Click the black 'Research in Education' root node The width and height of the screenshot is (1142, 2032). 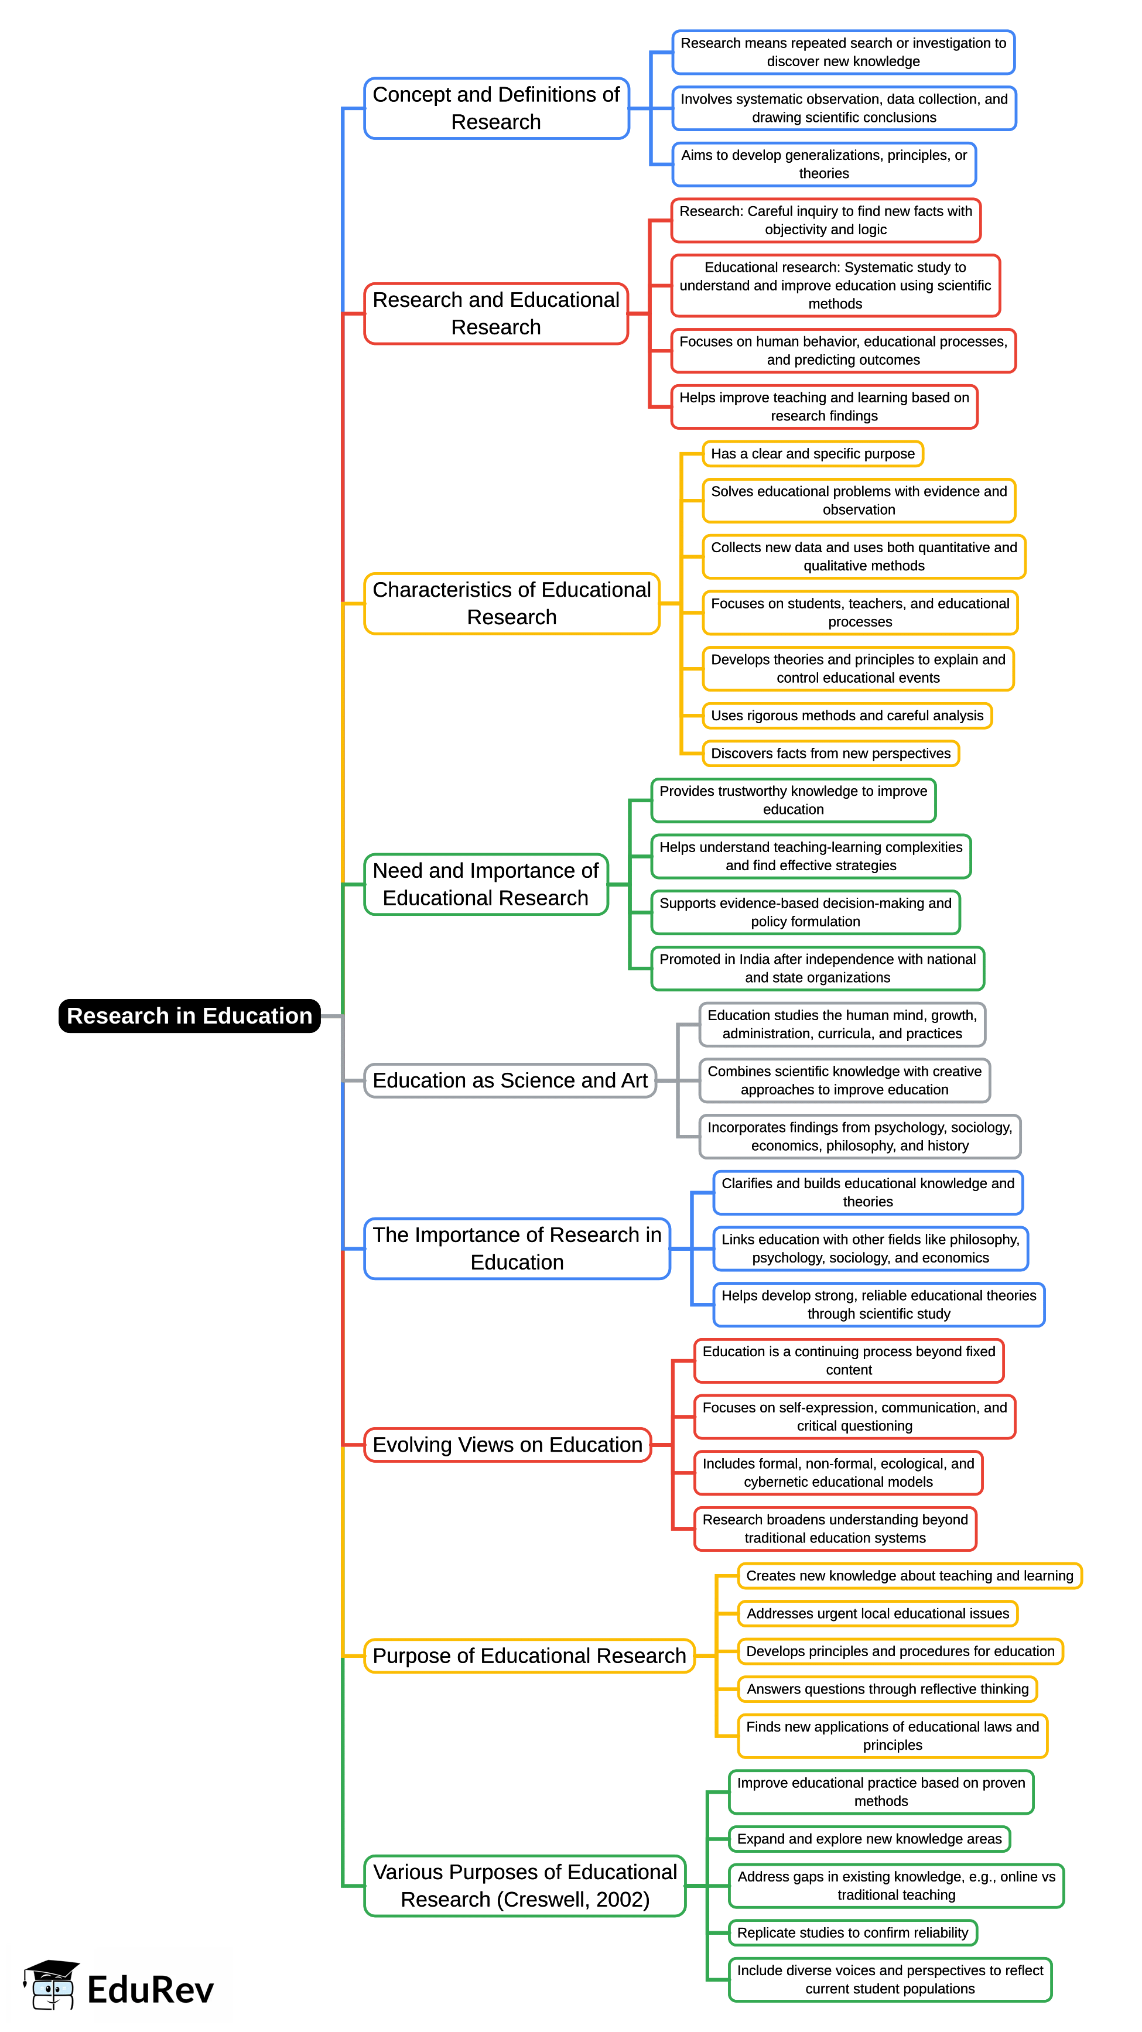(189, 1015)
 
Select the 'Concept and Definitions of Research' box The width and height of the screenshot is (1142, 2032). (496, 108)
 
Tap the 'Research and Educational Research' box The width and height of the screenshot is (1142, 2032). (496, 313)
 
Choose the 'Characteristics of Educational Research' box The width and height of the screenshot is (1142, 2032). (511, 603)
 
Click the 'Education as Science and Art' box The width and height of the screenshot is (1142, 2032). (510, 1080)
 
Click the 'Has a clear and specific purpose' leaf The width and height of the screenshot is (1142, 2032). (812, 454)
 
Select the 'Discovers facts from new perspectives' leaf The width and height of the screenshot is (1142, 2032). (830, 753)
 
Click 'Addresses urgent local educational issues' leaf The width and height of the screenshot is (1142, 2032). (877, 1613)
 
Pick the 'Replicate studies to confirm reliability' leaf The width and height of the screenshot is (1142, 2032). (853, 1932)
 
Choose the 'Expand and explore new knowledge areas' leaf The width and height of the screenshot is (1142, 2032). (869, 1839)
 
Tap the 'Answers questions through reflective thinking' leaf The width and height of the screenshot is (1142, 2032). (887, 1689)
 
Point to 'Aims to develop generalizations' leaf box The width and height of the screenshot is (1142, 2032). (823, 164)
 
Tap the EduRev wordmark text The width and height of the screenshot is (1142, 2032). (150, 1989)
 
